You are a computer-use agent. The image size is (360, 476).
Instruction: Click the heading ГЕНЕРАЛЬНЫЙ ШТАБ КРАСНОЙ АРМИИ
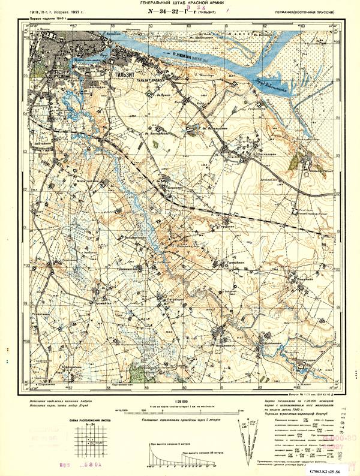[x=180, y=4]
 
